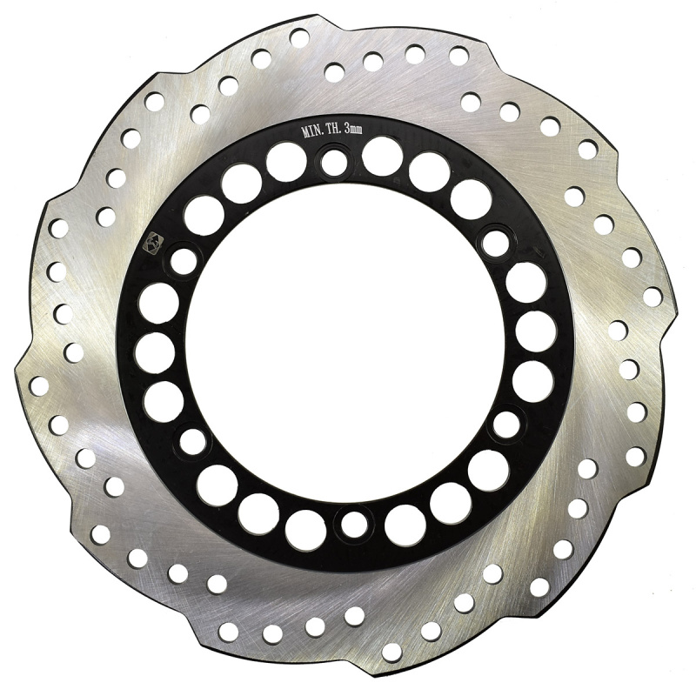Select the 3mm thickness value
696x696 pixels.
353,129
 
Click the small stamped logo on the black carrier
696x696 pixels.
154,243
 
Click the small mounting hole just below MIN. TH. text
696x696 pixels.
334,162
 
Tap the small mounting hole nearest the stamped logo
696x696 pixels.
183,260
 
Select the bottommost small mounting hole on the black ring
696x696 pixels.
354,524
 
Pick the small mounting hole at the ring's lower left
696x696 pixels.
192,443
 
